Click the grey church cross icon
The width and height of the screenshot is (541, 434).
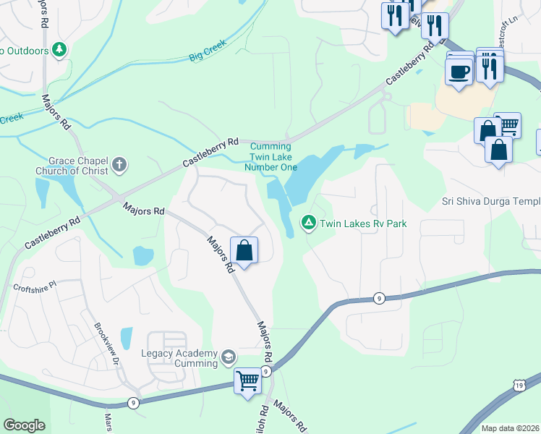120,166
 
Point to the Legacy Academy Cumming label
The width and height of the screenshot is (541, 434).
180,357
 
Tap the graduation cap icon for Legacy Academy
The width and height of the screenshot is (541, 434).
229,357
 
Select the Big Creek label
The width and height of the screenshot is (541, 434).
208,49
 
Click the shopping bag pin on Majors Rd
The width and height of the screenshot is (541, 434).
244,251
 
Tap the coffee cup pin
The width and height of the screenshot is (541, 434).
459,72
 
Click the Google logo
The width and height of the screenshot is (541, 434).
24,425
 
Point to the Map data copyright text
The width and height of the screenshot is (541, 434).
510,428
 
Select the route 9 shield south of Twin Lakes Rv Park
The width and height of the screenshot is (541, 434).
378,297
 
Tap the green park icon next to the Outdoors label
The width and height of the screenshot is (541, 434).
60,50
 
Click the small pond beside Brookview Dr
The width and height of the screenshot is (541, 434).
127,338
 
